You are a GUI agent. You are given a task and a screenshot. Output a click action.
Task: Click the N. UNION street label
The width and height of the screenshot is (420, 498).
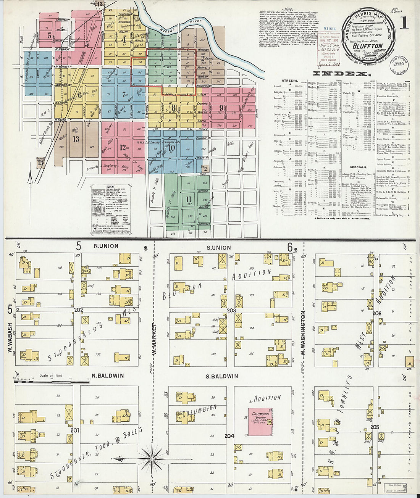click(106, 246)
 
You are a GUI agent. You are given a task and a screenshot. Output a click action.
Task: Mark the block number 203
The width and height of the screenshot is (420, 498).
click(231, 311)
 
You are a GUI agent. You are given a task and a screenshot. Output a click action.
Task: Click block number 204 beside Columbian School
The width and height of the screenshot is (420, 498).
click(229, 436)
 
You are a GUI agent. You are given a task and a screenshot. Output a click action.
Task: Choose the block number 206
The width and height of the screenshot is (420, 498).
click(377, 314)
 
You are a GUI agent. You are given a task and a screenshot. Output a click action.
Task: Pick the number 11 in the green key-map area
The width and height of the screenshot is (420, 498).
click(188, 199)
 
